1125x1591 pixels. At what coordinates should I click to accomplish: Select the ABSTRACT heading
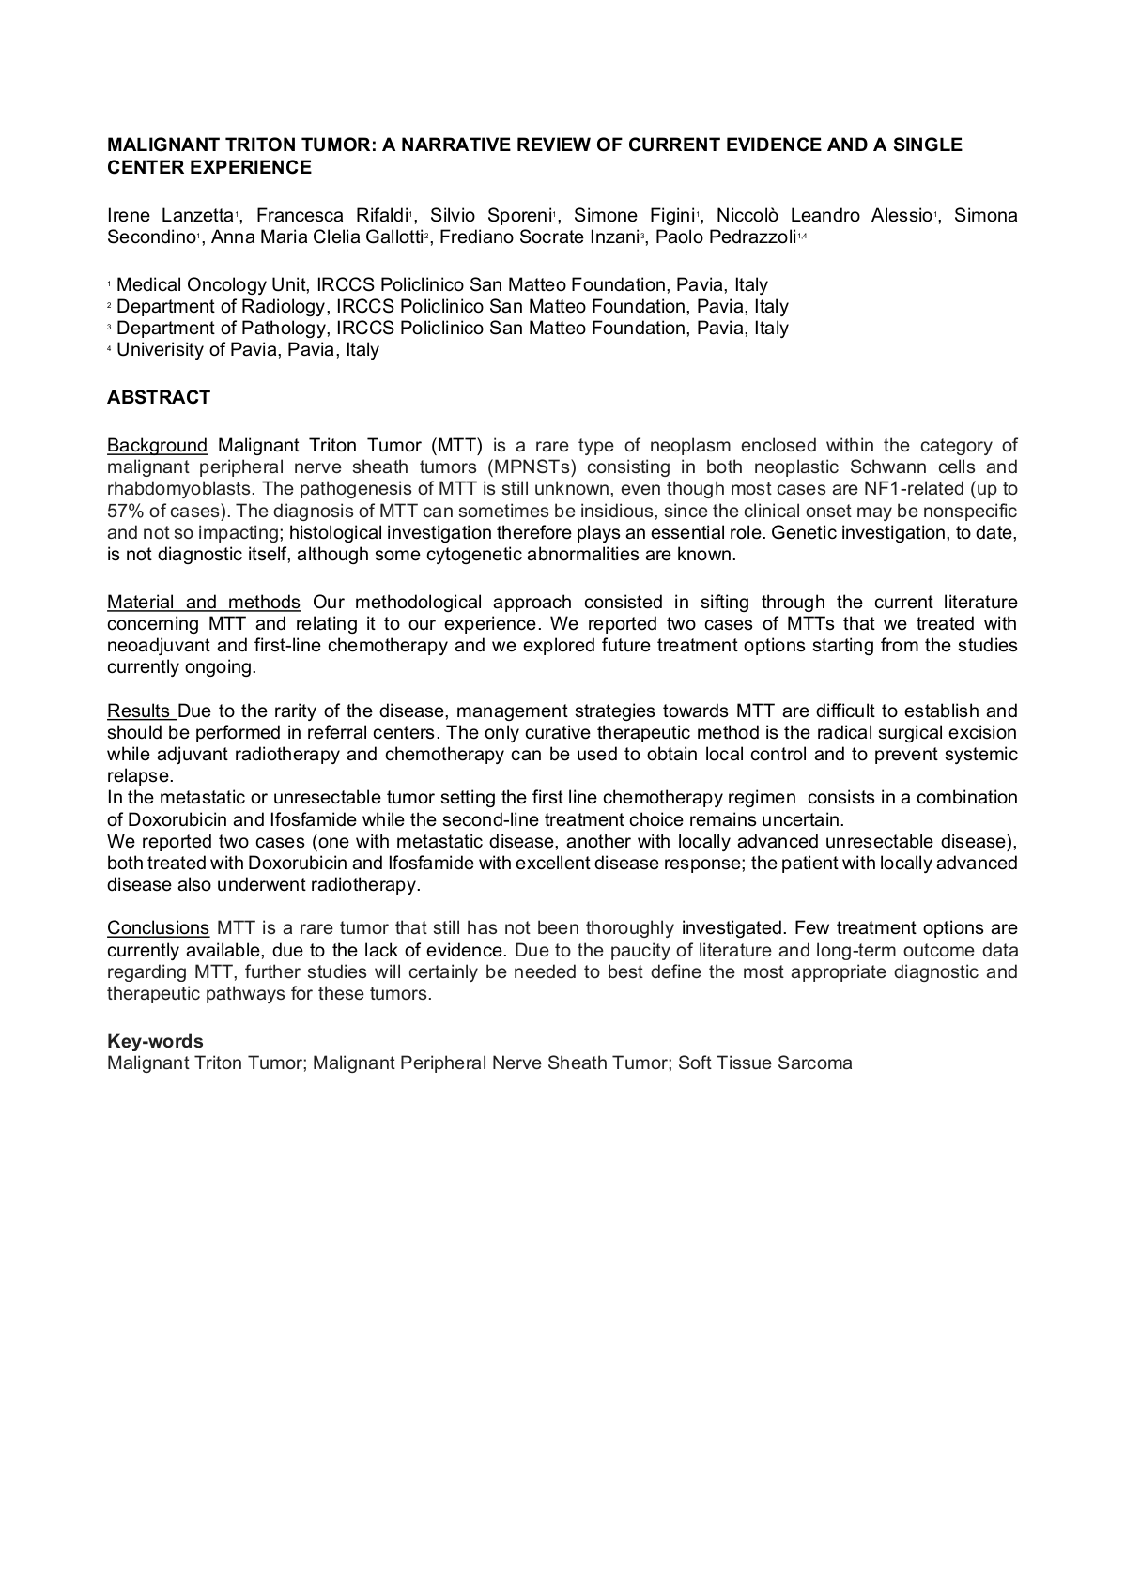pos(159,397)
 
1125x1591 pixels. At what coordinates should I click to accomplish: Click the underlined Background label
pos(157,445)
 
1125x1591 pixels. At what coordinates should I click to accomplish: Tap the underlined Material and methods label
pos(204,602)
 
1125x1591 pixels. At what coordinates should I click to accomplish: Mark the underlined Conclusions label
pos(158,927)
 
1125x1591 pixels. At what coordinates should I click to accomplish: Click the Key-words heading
pos(155,1041)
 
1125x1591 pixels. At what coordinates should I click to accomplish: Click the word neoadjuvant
pos(154,645)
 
